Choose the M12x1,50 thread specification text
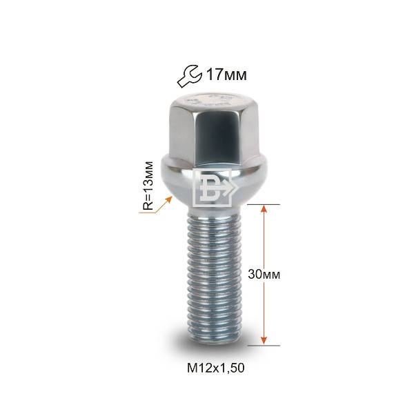point(215,368)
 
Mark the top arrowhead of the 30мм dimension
point(264,210)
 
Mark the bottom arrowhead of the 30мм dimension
point(264,338)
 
